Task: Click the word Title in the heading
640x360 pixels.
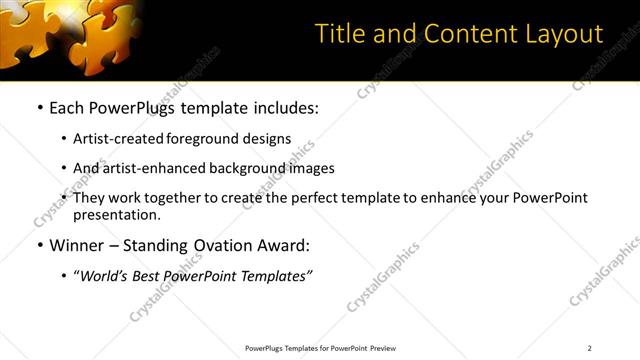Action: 340,34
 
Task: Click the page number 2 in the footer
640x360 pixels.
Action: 590,348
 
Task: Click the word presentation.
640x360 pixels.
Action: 117,214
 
